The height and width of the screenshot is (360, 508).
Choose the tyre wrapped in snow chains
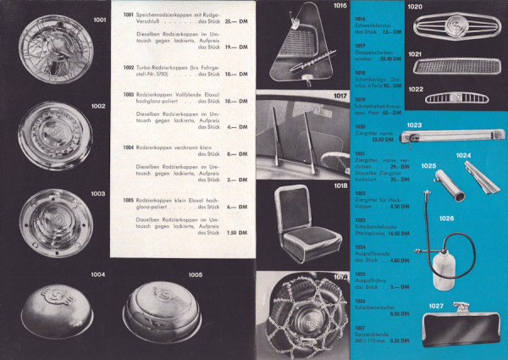(x=303, y=316)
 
